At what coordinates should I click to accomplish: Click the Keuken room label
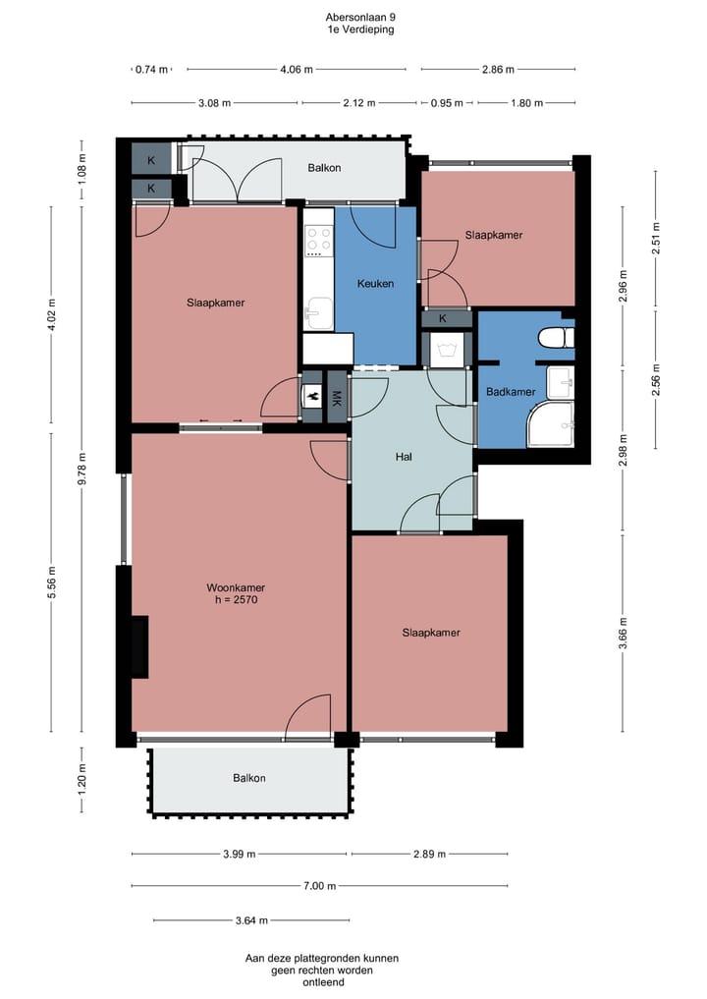tap(375, 284)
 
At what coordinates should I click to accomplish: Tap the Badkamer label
tap(511, 392)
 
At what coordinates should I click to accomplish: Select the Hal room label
tap(404, 457)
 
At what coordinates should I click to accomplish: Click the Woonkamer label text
tap(236, 587)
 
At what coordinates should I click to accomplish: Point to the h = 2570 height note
tap(237, 599)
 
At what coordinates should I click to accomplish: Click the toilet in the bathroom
tap(556, 338)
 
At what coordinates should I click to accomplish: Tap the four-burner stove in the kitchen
tap(318, 241)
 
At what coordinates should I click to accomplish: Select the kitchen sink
tap(318, 313)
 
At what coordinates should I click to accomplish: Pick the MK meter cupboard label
tap(337, 399)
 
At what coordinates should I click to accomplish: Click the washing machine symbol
tap(450, 351)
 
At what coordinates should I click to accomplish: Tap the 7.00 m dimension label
tap(319, 886)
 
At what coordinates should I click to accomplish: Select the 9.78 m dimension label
tap(82, 469)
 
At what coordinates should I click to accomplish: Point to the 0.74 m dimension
tap(151, 70)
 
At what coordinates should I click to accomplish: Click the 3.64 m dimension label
tap(251, 920)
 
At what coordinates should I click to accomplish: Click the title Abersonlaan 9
tap(360, 18)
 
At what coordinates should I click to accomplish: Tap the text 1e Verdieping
tap(360, 29)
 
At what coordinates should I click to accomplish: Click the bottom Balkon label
tap(249, 778)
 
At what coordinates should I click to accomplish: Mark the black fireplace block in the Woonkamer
tap(139, 646)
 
